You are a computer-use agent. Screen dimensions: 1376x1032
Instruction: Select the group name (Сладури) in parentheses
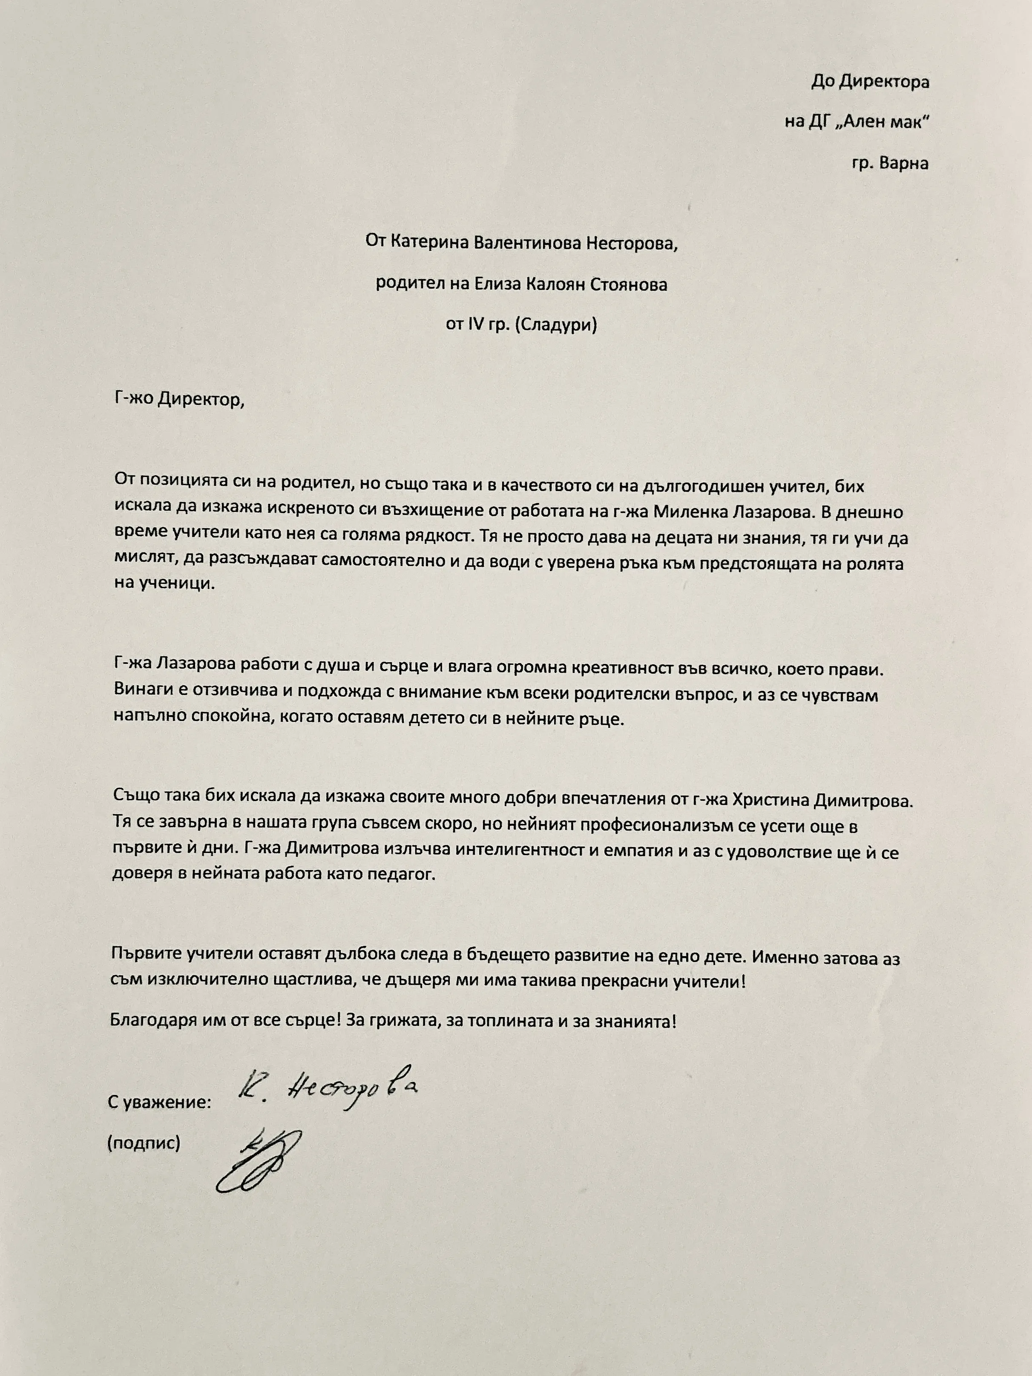point(555,325)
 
